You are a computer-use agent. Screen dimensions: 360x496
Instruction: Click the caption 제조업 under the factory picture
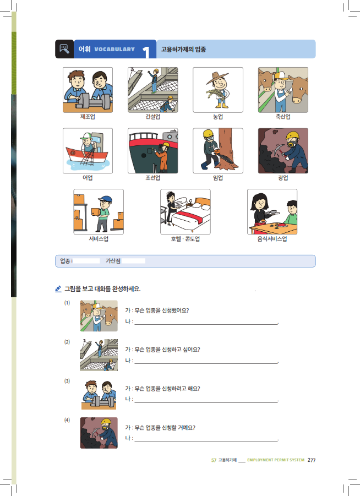(88, 117)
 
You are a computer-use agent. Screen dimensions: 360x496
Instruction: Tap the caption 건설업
(153, 117)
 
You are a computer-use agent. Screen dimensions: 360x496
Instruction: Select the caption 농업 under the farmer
(218, 117)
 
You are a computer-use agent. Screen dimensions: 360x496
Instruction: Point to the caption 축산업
(283, 117)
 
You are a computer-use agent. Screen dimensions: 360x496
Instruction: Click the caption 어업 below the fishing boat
(88, 178)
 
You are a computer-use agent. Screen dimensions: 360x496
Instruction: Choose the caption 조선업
(153, 178)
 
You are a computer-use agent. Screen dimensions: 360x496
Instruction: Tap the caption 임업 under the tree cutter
(218, 178)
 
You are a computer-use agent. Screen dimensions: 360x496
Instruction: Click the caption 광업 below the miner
(283, 178)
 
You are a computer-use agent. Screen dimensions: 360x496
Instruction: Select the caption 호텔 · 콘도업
(186, 239)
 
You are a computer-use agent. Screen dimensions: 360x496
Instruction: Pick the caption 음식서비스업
(272, 239)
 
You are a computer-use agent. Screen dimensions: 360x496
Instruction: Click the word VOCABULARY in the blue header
(114, 50)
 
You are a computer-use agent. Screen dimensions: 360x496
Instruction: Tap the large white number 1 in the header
(146, 52)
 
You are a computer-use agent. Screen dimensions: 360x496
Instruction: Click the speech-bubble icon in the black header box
(64, 49)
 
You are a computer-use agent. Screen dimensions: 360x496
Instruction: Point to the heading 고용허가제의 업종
(183, 50)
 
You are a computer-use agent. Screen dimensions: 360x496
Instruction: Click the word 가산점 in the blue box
(113, 261)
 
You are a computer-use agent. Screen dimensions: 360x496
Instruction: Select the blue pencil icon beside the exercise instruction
(58, 289)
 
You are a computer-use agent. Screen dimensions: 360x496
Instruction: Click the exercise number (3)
(67, 381)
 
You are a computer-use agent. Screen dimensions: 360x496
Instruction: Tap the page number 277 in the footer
(312, 460)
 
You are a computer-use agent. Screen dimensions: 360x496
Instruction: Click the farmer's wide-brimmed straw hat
(217, 78)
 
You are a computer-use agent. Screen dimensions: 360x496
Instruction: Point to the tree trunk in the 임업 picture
(226, 145)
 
